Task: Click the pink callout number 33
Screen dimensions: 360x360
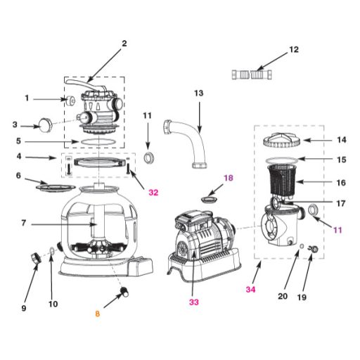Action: [194, 302]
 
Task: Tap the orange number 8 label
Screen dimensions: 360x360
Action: [98, 314]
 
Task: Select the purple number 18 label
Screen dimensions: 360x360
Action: [229, 178]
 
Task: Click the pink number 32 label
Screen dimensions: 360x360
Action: [153, 193]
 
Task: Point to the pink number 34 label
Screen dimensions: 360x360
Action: [250, 290]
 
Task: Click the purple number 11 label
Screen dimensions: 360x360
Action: [337, 230]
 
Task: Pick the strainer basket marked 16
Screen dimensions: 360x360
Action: [281, 180]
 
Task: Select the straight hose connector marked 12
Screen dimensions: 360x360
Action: [252, 75]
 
